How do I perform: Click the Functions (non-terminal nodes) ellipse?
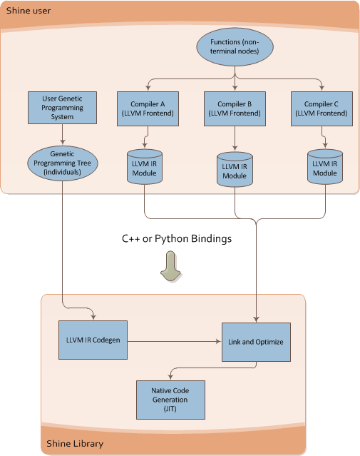pyautogui.click(x=235, y=47)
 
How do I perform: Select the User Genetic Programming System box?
pyautogui.click(x=62, y=108)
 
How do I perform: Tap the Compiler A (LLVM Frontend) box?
pyautogui.click(x=148, y=108)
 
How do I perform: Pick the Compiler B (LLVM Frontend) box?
pyautogui.click(x=235, y=108)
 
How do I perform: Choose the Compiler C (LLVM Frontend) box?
pyautogui.click(x=322, y=108)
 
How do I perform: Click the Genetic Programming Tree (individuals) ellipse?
pyautogui.click(x=63, y=163)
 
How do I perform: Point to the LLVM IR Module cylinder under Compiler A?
pyautogui.click(x=145, y=167)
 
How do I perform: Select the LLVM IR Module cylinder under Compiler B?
pyautogui.click(x=235, y=169)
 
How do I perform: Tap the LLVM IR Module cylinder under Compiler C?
pyautogui.click(x=325, y=167)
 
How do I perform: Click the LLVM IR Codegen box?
pyautogui.click(x=93, y=340)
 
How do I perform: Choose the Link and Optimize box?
pyautogui.click(x=256, y=342)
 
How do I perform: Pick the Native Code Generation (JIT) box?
pyautogui.click(x=170, y=400)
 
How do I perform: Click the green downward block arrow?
pyautogui.click(x=171, y=266)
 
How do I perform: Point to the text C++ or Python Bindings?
pyautogui.click(x=177, y=239)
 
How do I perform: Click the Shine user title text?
pyautogui.click(x=29, y=11)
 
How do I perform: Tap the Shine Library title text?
pyautogui.click(x=75, y=443)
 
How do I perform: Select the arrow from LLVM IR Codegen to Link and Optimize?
pyautogui.click(x=175, y=341)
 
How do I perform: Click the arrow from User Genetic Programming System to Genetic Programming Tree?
pyautogui.click(x=62, y=134)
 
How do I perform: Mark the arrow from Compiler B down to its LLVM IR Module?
pyautogui.click(x=235, y=138)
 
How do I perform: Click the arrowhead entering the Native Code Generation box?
pyautogui.click(x=170, y=378)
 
